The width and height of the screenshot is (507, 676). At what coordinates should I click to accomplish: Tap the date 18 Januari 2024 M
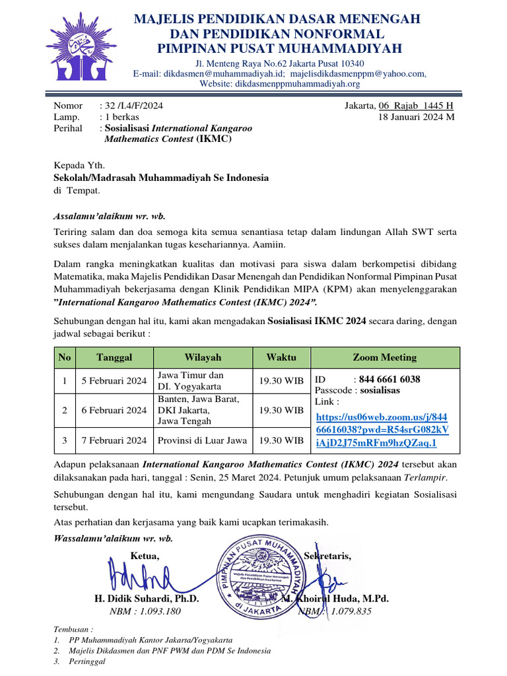point(416,117)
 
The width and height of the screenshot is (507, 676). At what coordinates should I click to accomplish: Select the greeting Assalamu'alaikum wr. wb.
point(109,216)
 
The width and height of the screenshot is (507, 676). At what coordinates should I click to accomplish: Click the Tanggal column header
point(114,357)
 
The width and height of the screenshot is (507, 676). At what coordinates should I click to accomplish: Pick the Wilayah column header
point(203,357)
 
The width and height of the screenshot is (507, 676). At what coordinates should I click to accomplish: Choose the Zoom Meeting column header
point(384,357)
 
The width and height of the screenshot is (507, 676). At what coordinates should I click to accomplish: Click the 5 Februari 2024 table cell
point(114,381)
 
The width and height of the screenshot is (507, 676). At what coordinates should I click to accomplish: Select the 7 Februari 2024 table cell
point(114,440)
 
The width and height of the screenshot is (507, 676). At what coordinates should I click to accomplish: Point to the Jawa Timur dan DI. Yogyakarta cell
point(191,381)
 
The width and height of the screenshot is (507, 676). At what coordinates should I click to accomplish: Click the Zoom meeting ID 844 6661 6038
point(389,379)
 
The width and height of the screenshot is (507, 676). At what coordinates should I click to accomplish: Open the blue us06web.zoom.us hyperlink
point(382,430)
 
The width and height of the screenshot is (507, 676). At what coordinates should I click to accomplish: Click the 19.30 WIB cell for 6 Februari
point(281,410)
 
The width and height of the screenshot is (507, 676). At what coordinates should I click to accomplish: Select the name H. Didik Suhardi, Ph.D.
point(147,599)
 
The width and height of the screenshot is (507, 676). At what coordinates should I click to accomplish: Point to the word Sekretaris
point(328,556)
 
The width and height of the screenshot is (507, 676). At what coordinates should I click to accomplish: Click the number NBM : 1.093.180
point(145,611)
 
